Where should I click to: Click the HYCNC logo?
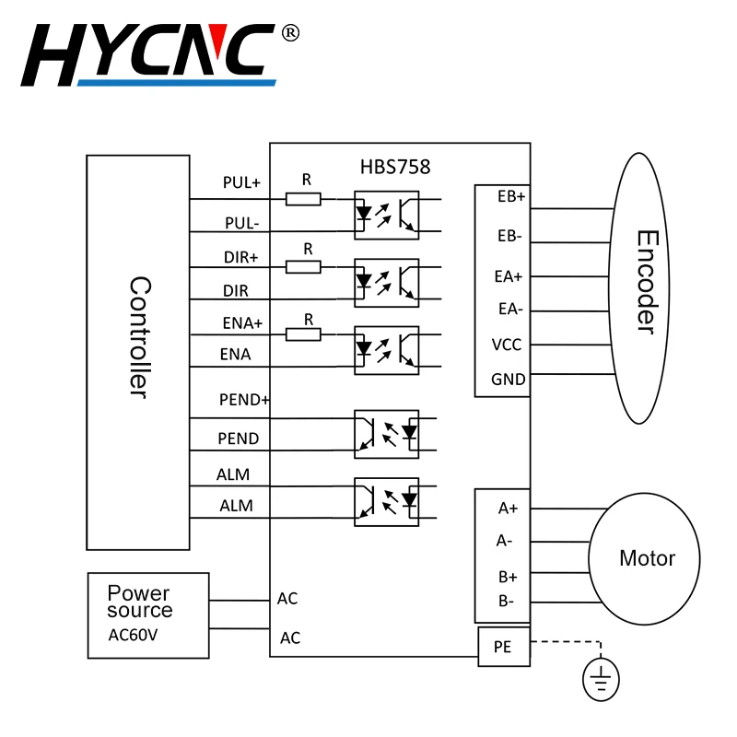[148, 55]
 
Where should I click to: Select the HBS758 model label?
[395, 167]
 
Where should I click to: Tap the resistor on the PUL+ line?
[303, 199]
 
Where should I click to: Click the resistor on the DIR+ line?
[303, 267]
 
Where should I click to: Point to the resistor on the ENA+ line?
[303, 334]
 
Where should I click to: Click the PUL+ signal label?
[241, 182]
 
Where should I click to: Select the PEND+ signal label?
[244, 400]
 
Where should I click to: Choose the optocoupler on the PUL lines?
[386, 216]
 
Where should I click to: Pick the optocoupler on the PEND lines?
[386, 434]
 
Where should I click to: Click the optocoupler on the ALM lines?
[386, 502]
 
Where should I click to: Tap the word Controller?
[140, 337]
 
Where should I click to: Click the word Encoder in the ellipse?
[647, 282]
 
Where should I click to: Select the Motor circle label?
[648, 558]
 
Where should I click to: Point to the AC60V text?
[133, 635]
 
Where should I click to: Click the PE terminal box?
[504, 647]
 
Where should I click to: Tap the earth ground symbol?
[602, 680]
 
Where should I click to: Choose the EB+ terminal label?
[511, 196]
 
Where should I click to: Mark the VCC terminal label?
[507, 345]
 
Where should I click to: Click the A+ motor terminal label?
[509, 509]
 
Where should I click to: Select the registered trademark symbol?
[290, 33]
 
